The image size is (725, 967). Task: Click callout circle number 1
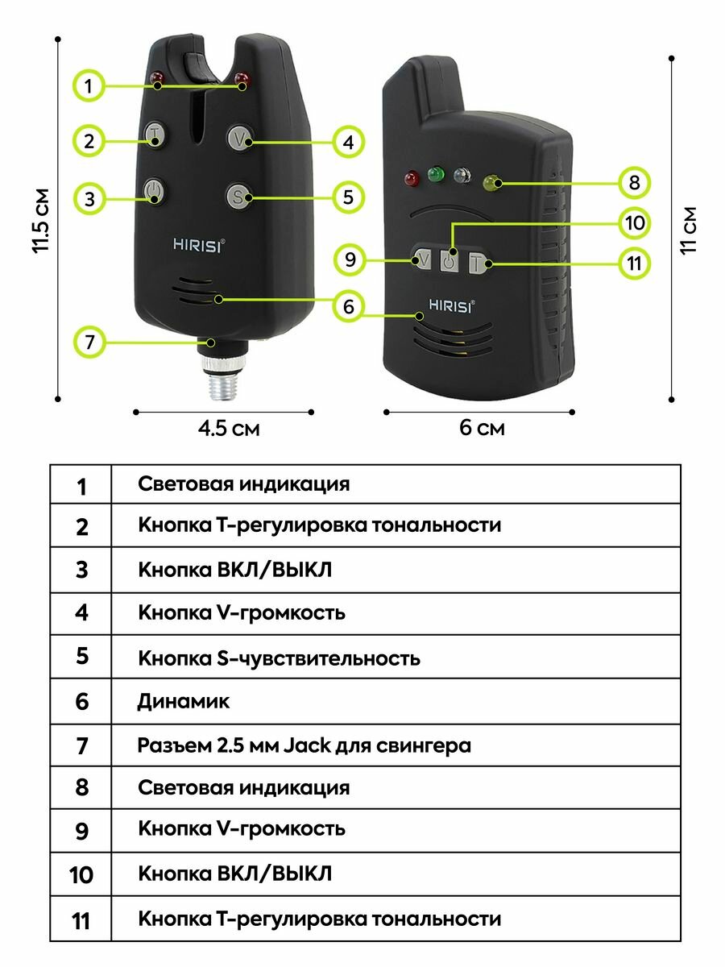click(x=89, y=85)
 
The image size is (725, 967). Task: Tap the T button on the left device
click(x=155, y=134)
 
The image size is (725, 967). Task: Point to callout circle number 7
click(x=89, y=342)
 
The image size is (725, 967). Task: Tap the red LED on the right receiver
click(x=410, y=177)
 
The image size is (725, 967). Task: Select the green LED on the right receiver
click(x=437, y=173)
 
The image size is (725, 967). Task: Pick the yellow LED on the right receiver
click(x=491, y=184)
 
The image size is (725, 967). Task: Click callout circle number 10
click(x=635, y=222)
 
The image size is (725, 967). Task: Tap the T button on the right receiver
click(x=478, y=262)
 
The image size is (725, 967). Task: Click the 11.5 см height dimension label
click(x=41, y=222)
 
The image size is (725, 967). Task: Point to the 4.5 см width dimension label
click(x=229, y=428)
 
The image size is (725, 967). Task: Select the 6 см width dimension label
click(x=482, y=428)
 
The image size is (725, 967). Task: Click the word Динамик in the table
click(x=184, y=701)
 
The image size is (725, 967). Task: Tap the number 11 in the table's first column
click(x=81, y=920)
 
